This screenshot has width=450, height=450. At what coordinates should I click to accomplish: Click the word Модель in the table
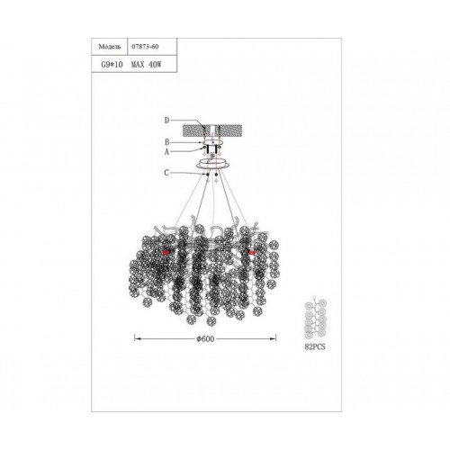click(x=110, y=47)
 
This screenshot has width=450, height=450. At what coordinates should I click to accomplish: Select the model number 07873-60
click(x=145, y=47)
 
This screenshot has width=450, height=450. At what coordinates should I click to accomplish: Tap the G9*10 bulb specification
click(x=112, y=65)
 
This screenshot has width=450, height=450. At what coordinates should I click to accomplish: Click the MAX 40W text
click(x=146, y=65)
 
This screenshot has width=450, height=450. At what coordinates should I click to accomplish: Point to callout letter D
click(x=166, y=121)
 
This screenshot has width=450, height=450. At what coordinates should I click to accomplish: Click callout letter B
click(x=167, y=142)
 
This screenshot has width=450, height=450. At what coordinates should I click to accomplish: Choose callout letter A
click(x=166, y=152)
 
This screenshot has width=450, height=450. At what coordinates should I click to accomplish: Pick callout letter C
click(x=166, y=173)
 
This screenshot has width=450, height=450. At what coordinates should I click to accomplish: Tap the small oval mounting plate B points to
click(x=212, y=142)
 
